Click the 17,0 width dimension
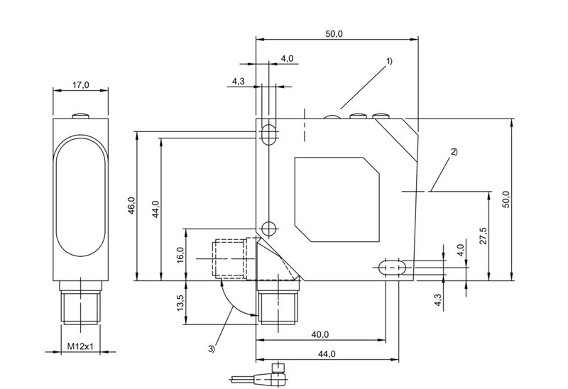coord(81,85)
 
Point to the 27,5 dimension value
coord(483,236)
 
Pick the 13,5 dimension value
coord(180,303)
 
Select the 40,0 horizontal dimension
coord(319,334)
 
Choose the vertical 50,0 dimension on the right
coord(506,199)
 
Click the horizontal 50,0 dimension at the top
coord(334,34)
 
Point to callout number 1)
coord(389,62)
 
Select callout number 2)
coord(454,151)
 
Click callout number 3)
coord(212,347)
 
